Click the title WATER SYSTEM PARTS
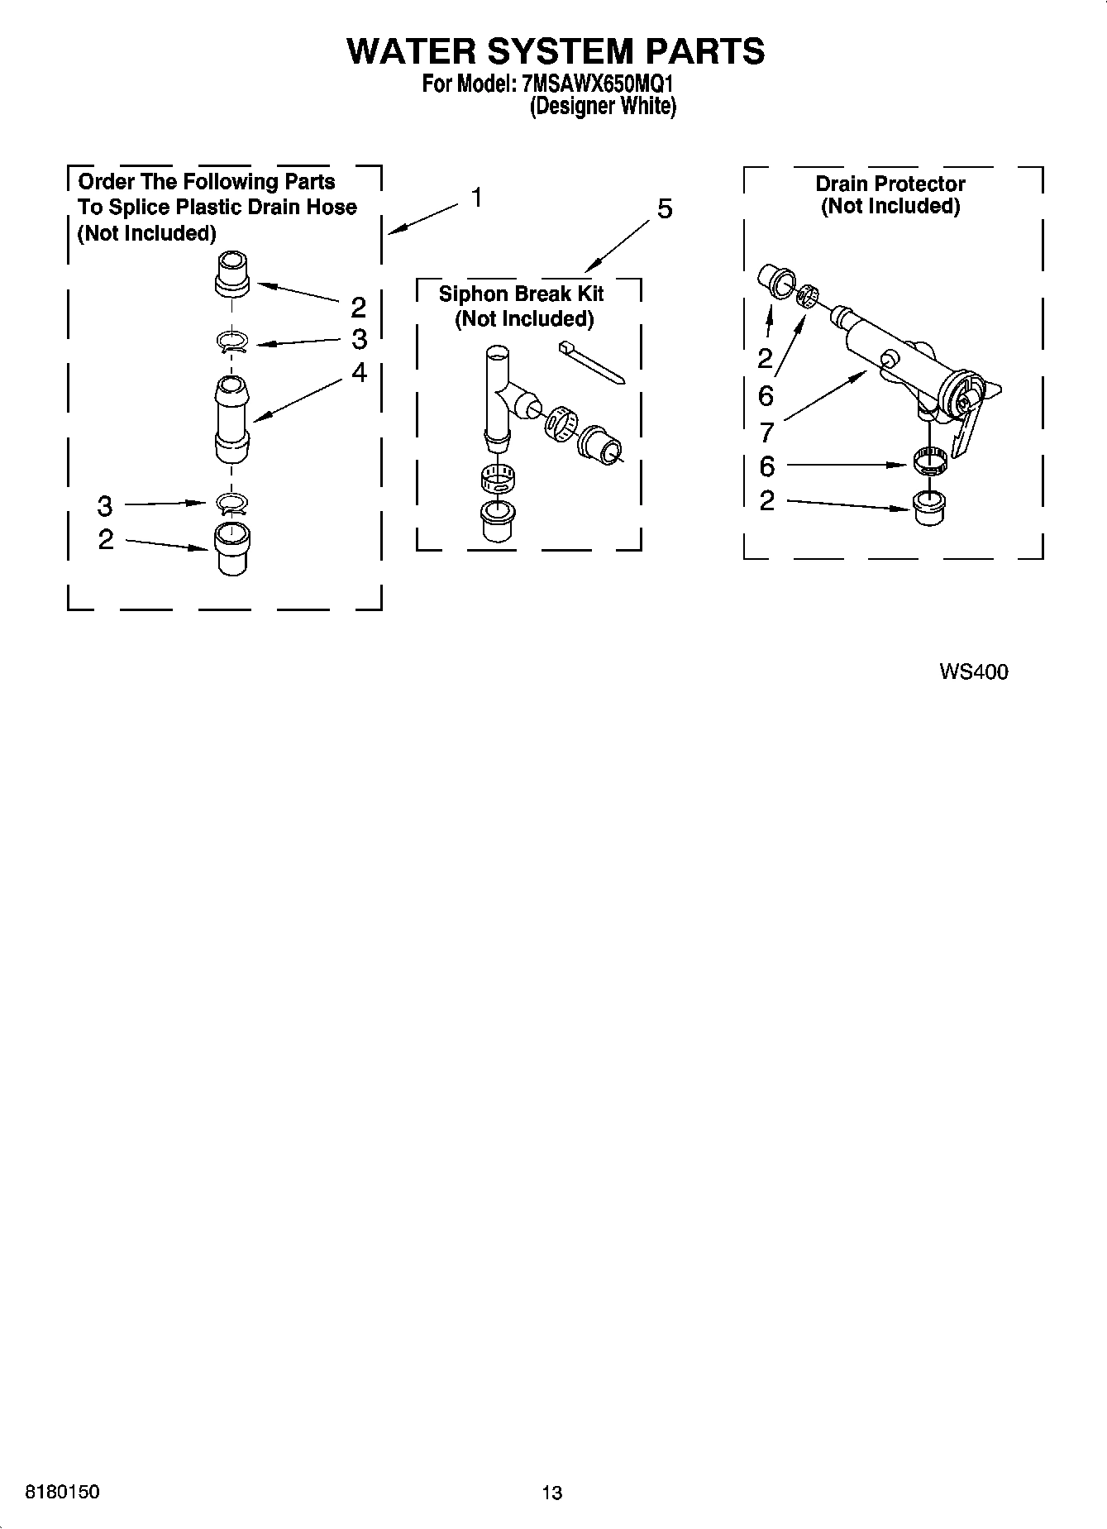coord(556,51)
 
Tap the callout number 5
coord(664,209)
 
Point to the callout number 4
coord(359,373)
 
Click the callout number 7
coord(766,431)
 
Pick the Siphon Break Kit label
coord(521,294)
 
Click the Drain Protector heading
coord(890,184)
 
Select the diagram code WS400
coord(973,671)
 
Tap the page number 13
coord(551,1493)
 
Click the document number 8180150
coord(63,1491)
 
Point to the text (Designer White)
coord(603,107)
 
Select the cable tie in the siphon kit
coord(591,361)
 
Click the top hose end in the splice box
coord(231,273)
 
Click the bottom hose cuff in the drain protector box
coord(930,506)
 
